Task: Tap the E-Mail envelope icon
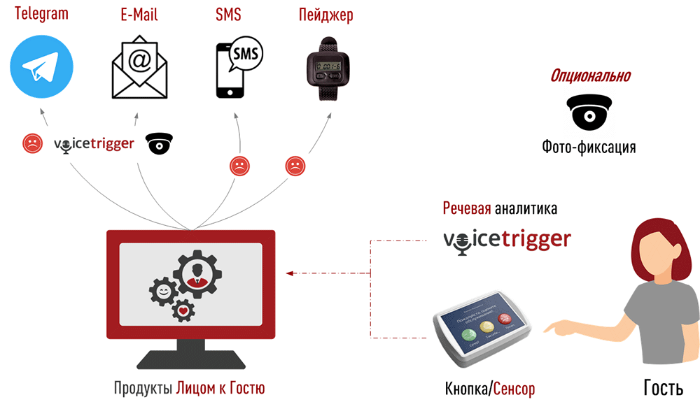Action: coord(139,67)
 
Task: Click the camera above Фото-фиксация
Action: coord(589,113)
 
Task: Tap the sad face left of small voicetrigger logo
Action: coord(31,143)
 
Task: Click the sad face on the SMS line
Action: coord(239,166)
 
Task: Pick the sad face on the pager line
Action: coord(295,166)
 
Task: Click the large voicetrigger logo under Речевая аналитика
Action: coord(507,240)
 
